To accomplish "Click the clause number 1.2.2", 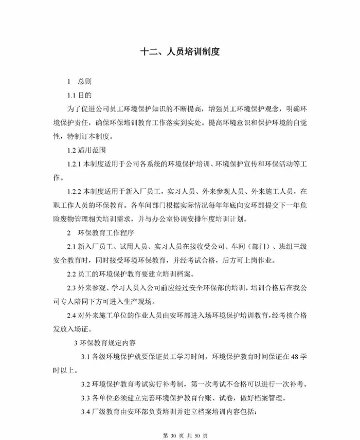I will point(75,191).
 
